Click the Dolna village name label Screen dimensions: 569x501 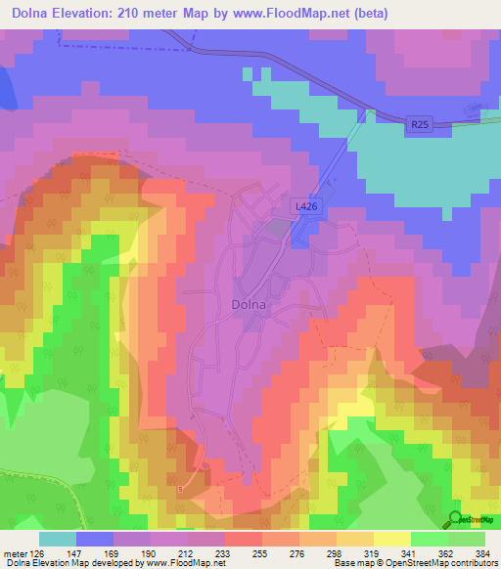(x=249, y=304)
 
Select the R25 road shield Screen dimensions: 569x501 (x=420, y=123)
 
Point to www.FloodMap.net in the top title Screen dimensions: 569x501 (x=299, y=13)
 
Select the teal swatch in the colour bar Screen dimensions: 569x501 (x=58, y=539)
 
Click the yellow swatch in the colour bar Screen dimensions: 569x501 (x=391, y=539)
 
